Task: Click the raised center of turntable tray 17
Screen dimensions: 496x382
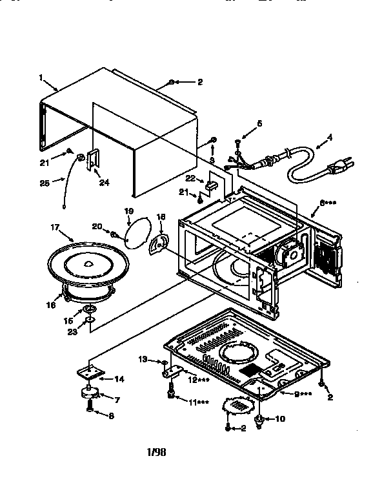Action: pyautogui.click(x=87, y=263)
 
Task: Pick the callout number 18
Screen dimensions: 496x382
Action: pyautogui.click(x=161, y=218)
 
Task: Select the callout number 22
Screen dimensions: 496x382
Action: pyautogui.click(x=190, y=178)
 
